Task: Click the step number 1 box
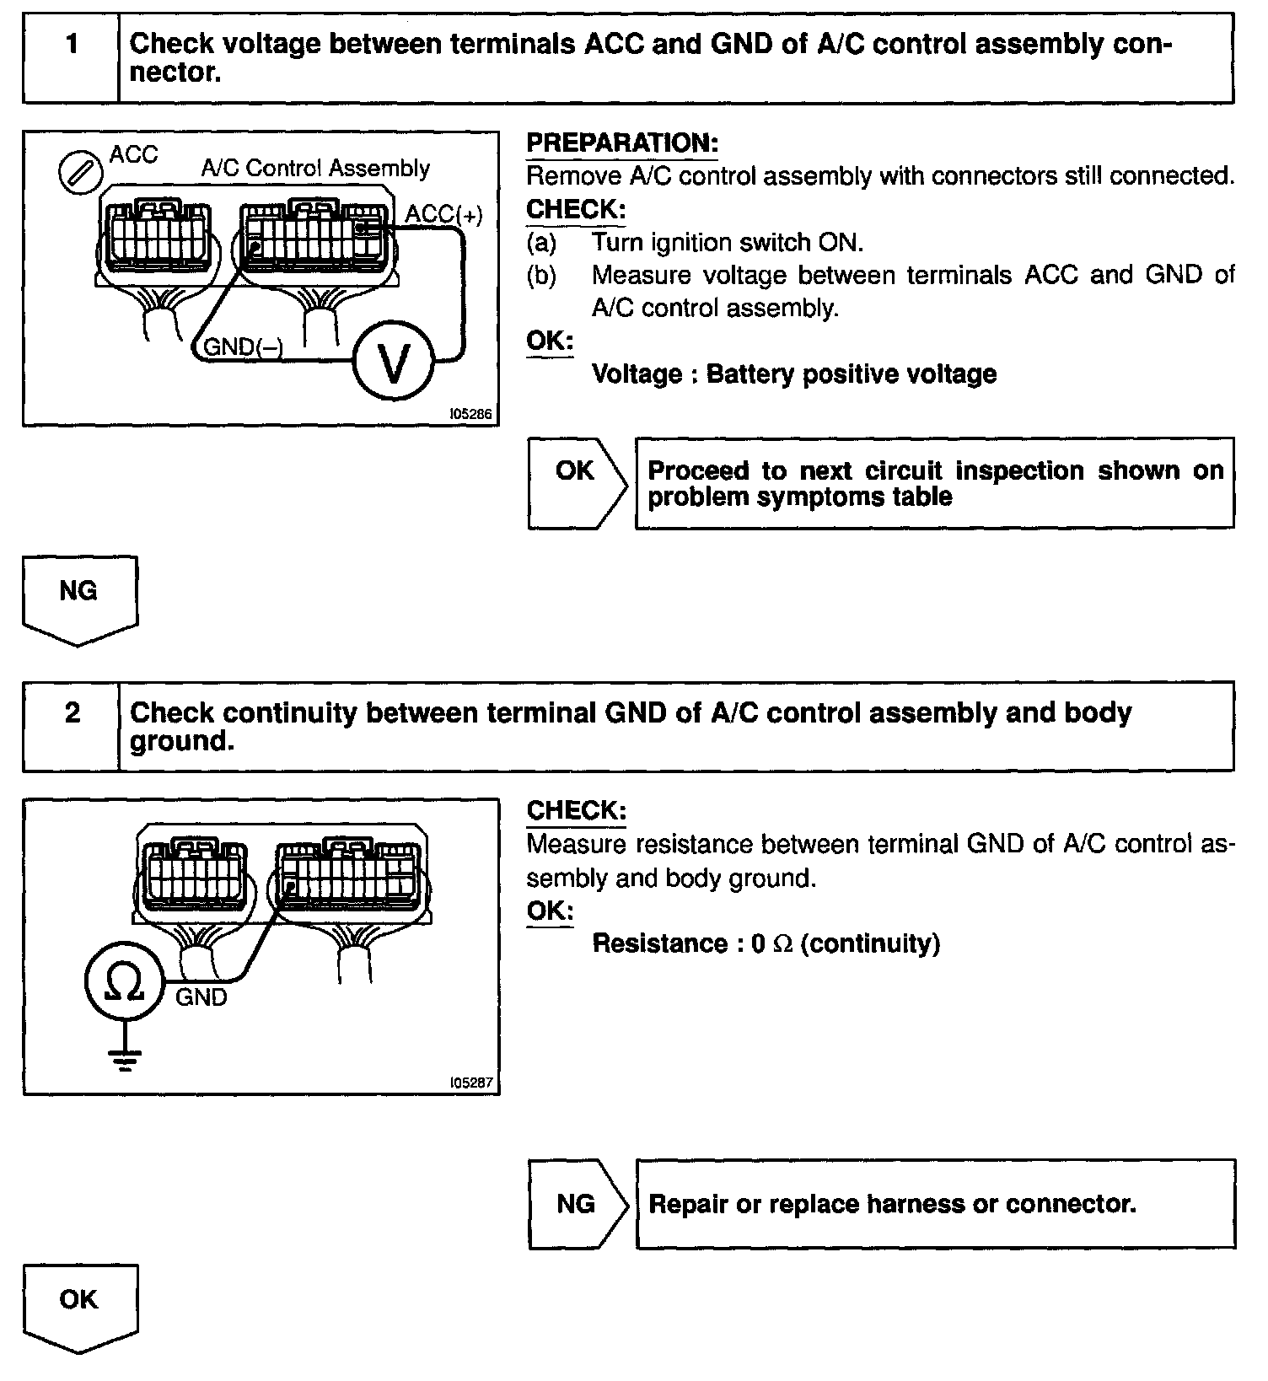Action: pos(72,58)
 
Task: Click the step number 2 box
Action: pos(72,727)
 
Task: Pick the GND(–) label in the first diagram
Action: pos(243,347)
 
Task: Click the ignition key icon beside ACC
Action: pos(80,174)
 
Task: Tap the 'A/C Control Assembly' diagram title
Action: pos(314,169)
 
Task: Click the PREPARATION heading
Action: pos(621,143)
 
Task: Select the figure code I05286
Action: pos(471,415)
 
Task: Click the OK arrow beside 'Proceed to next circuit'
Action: pos(577,483)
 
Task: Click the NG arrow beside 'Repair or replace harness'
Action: pos(577,1203)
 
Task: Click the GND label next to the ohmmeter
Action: pos(201,998)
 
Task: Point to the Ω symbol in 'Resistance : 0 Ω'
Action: pos(782,943)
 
